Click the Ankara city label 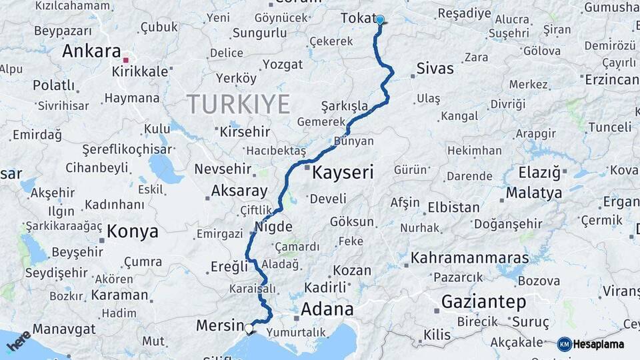(92, 51)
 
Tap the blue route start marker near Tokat (380, 20)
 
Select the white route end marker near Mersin (249, 328)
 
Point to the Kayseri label (343, 173)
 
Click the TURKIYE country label (238, 104)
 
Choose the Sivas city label (435, 68)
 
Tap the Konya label (133, 231)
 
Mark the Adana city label (327, 309)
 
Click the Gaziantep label (483, 301)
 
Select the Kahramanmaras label (469, 257)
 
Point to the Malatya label (533, 193)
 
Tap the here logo (18, 341)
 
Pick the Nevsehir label (223, 169)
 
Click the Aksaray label (239, 191)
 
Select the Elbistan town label (453, 207)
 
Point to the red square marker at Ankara (125, 60)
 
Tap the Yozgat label (282, 64)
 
